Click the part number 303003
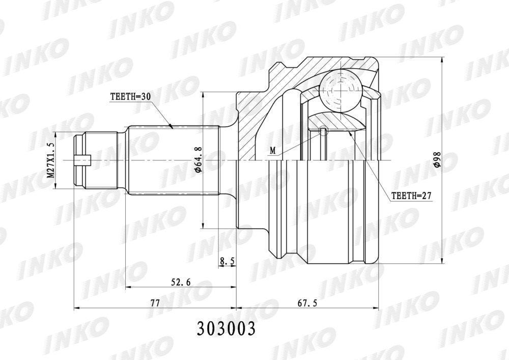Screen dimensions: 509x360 point(225,328)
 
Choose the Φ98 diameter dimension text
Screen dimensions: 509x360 point(437,159)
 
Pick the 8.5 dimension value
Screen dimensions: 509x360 point(227,260)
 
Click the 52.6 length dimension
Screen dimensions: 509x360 point(180,282)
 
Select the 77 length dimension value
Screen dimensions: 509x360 point(155,303)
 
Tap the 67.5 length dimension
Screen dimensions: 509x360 point(307,303)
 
